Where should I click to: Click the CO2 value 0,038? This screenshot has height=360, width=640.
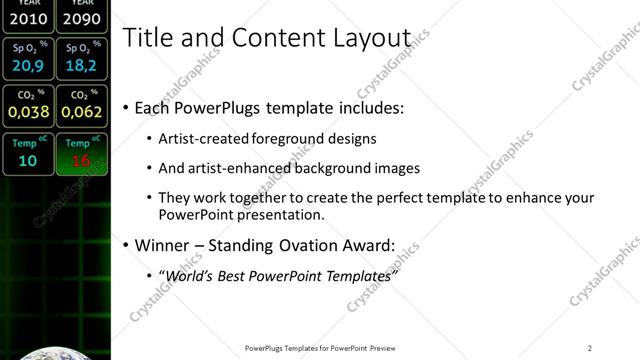[28, 112]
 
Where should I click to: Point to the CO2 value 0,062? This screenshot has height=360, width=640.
[79, 112]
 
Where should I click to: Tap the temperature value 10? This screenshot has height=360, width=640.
[28, 160]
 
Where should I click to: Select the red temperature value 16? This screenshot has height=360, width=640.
[80, 160]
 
